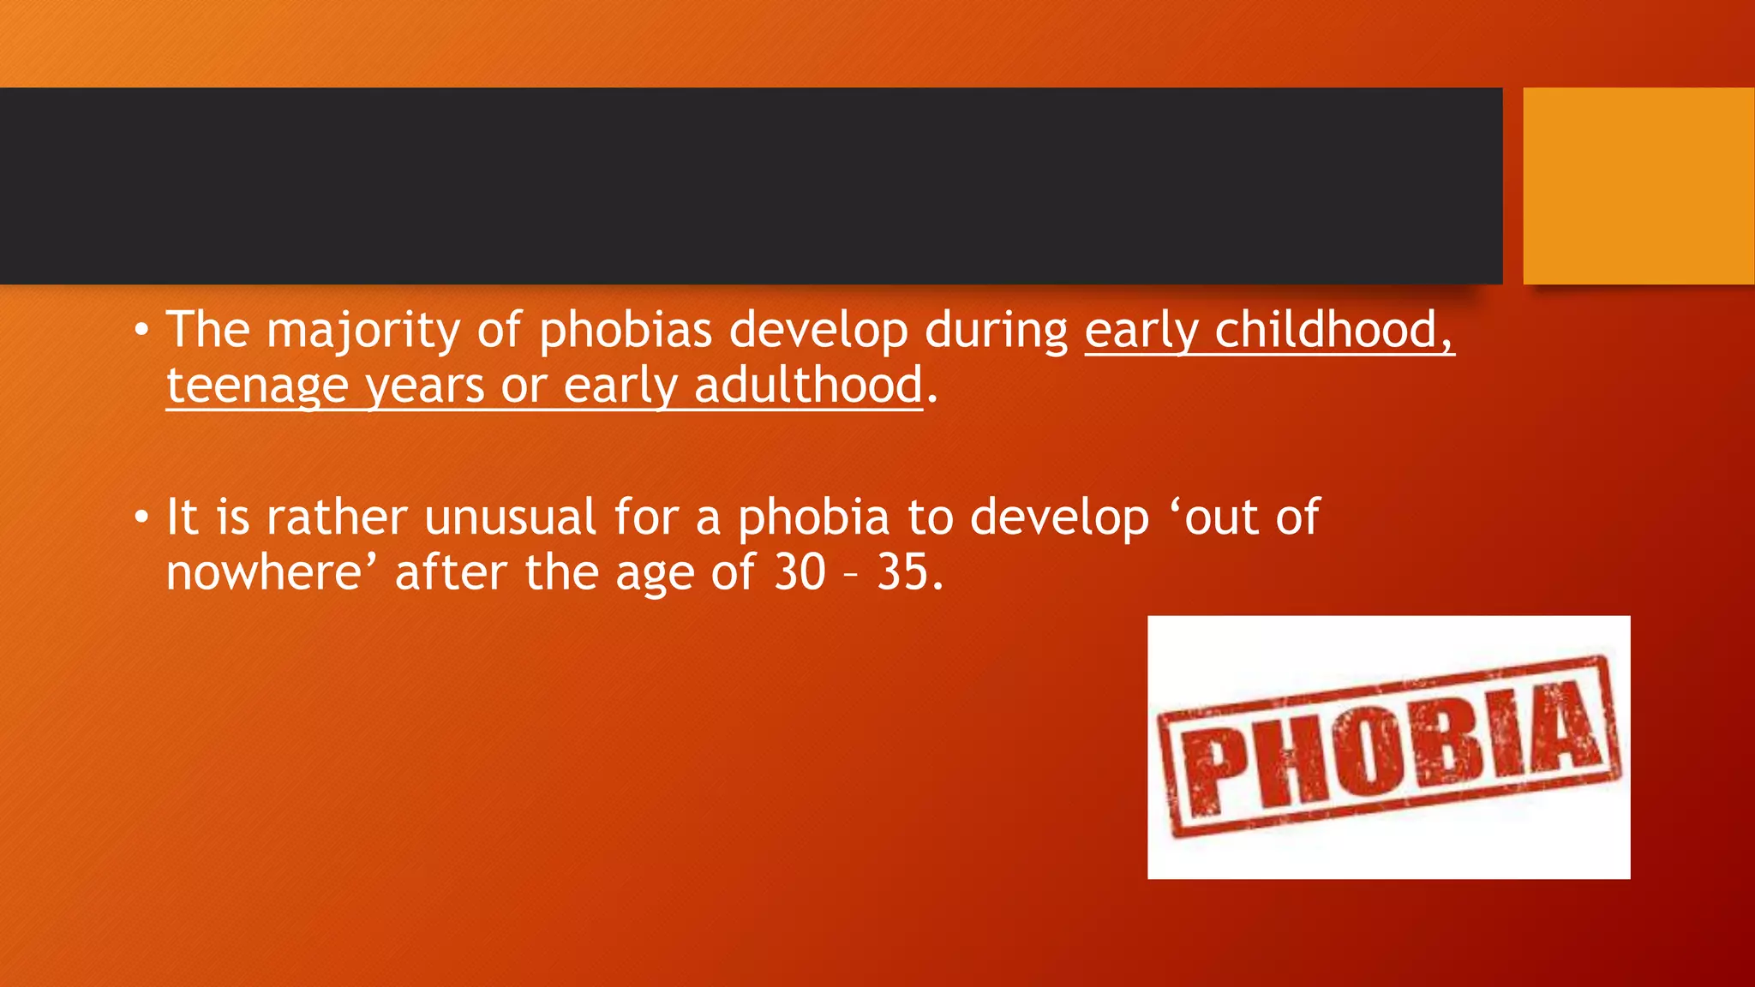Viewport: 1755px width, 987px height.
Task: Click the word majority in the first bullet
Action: (x=363, y=331)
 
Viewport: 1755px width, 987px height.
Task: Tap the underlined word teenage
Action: (x=257, y=386)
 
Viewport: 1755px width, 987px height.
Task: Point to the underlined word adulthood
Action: (x=808, y=386)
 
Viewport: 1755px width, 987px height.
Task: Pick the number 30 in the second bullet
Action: (x=800, y=572)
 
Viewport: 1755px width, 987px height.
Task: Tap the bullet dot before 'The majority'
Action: (x=141, y=332)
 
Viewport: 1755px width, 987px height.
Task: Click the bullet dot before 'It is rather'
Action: (x=141, y=519)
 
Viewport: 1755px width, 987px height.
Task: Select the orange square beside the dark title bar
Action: (x=1638, y=186)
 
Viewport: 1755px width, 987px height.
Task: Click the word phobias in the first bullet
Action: (x=626, y=331)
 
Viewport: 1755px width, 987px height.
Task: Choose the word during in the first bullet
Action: (x=997, y=331)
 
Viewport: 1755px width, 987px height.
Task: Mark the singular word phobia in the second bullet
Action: (x=814, y=517)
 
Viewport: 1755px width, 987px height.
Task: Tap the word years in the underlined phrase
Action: (x=425, y=386)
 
